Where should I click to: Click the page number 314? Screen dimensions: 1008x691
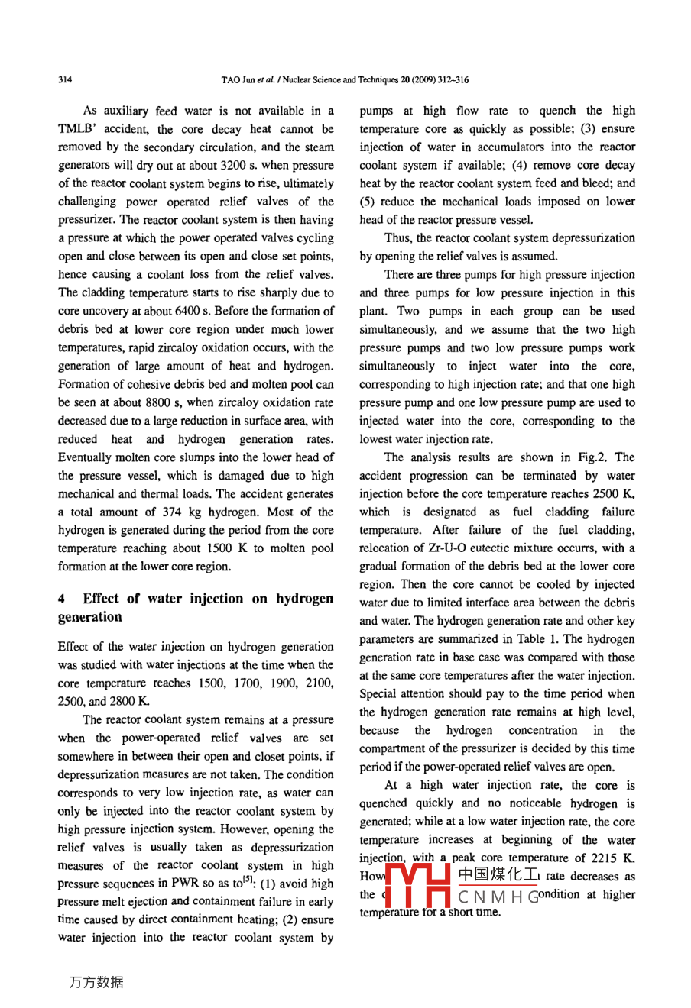point(65,79)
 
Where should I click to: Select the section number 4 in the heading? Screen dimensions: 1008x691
point(62,599)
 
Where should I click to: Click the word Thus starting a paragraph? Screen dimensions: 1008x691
point(399,238)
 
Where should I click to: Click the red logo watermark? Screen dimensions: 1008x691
point(417,886)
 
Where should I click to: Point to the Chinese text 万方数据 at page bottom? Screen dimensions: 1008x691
point(96,982)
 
